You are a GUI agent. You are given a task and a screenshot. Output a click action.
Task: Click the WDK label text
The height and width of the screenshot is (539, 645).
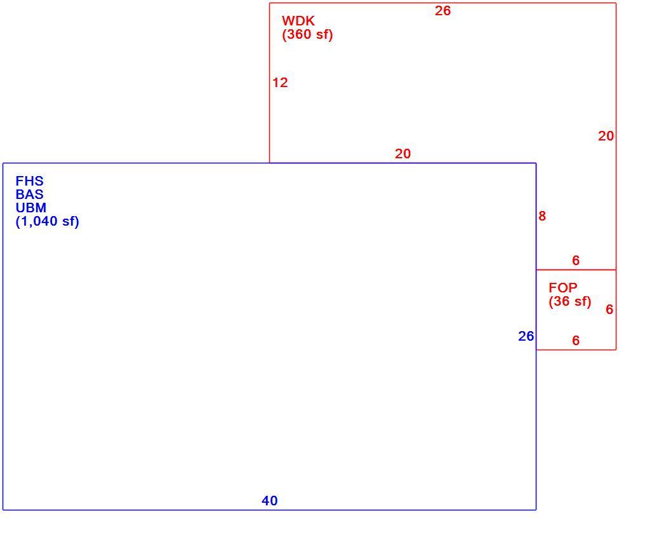pos(298,20)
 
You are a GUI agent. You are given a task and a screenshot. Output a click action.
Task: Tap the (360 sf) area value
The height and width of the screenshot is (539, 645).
pos(307,34)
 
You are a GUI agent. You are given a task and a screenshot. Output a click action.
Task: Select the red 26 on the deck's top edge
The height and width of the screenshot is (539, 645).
pos(442,11)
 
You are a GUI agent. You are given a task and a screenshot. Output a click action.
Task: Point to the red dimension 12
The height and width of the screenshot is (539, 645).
pos(280,83)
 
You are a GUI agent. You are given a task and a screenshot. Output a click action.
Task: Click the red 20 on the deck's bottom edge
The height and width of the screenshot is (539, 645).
pos(402,154)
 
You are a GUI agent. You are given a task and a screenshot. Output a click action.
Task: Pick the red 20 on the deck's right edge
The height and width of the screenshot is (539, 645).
pos(606,136)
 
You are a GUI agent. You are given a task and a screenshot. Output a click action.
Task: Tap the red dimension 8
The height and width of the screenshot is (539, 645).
pos(542,215)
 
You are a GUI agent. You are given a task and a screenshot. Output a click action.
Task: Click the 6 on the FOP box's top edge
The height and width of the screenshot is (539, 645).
pos(576,260)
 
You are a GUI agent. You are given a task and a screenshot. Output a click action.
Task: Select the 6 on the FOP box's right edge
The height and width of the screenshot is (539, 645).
pos(609,310)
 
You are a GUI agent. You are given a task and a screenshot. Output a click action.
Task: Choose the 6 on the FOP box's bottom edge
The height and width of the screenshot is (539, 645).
pos(576,340)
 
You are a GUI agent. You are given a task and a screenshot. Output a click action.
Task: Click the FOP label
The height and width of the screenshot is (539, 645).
pos(562,287)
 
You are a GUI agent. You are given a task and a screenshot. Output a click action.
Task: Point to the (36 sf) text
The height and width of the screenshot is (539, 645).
pos(569,301)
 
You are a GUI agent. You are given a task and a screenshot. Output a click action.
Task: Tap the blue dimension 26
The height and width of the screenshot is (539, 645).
pos(526,336)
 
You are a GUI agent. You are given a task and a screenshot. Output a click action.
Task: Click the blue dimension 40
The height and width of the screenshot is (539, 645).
pos(269,500)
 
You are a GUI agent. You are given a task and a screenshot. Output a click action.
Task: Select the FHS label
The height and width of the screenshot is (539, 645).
pos(29,181)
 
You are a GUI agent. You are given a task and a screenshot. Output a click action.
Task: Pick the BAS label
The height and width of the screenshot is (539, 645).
pos(29,194)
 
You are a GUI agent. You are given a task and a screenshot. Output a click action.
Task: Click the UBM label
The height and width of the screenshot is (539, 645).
pos(31,208)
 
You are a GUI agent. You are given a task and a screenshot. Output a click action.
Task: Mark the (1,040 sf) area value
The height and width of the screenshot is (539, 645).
pos(48,221)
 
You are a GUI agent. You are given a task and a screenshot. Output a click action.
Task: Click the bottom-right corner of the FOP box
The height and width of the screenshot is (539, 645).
pos(616,350)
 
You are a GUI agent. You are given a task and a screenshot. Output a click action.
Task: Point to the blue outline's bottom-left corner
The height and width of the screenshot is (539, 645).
pos(3,510)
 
